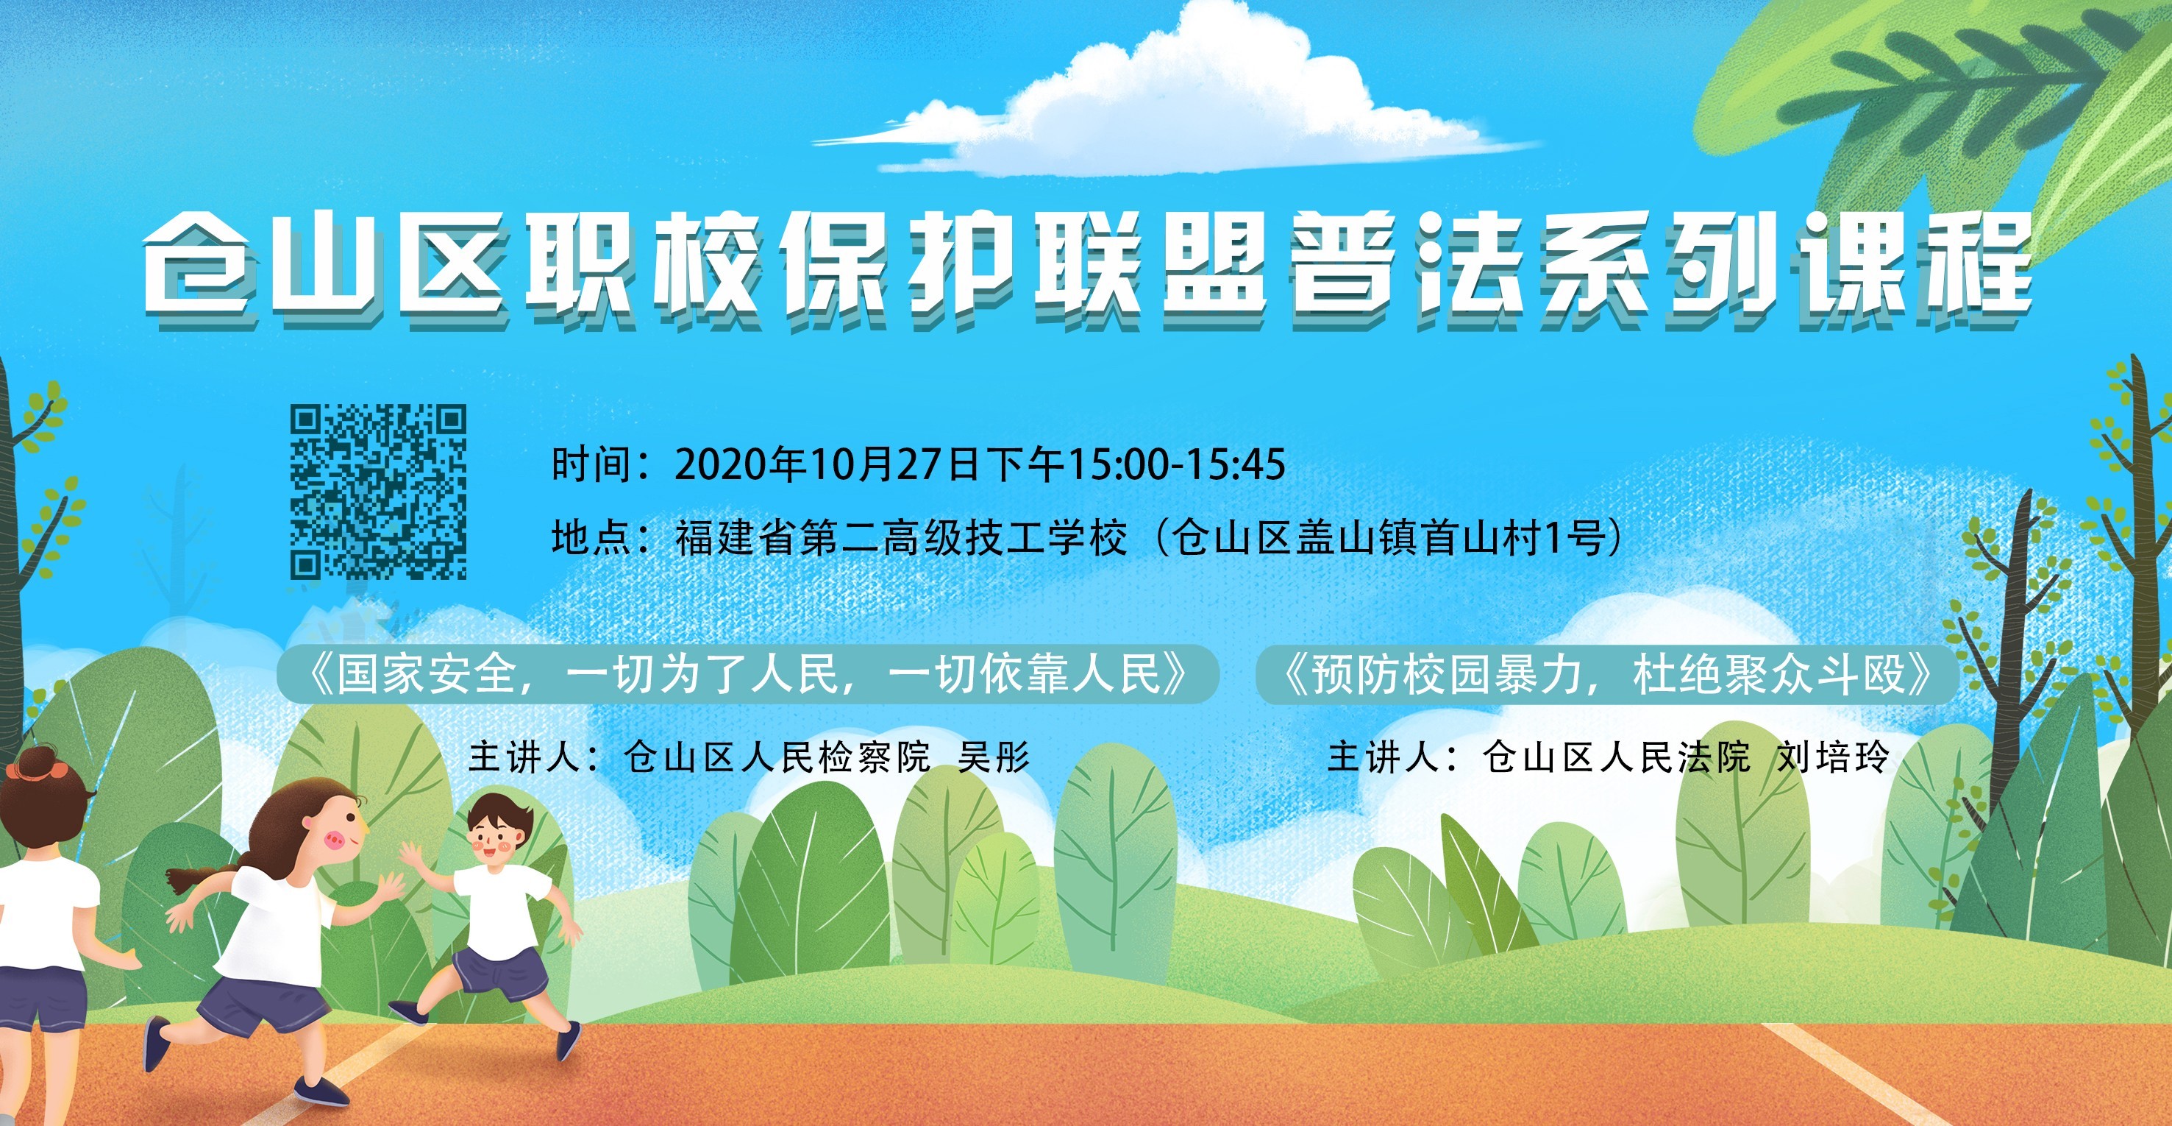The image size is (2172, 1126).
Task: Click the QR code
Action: (379, 492)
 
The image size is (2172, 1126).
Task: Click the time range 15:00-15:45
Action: (1177, 464)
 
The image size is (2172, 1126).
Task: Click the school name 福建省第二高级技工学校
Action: (900, 538)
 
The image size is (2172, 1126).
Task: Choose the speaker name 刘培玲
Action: (1833, 757)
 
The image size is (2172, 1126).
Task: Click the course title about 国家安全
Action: (748, 674)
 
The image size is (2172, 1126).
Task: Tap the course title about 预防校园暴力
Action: (1606, 674)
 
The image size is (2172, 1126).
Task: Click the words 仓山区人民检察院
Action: (777, 757)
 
